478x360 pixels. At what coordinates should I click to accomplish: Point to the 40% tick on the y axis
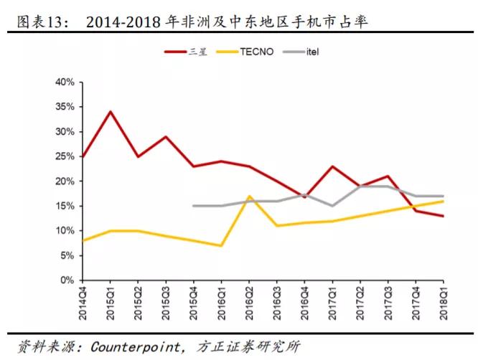65,82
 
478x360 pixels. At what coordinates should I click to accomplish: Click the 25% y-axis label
65,156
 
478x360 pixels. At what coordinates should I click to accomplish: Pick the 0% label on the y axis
67,280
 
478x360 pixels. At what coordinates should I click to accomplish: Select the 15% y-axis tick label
65,206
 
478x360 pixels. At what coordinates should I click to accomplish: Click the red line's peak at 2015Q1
109,111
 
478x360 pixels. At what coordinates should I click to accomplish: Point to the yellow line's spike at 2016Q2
248,196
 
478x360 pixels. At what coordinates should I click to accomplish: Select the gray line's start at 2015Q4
193,206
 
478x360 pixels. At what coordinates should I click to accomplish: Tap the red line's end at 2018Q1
443,216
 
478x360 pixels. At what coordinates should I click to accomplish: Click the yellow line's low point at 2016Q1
221,245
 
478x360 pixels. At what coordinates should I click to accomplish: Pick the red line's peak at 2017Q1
332,166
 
